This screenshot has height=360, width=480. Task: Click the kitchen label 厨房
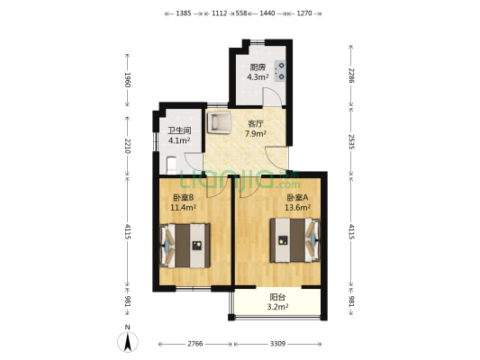(258, 67)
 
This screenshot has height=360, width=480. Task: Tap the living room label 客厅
(257, 125)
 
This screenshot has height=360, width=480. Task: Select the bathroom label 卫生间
(179, 130)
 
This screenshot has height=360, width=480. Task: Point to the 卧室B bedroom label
(184, 197)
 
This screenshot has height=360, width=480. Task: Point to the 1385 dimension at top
(184, 14)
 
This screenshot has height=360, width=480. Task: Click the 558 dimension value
(241, 14)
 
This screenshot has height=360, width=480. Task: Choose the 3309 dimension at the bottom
(278, 345)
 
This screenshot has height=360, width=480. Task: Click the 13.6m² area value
(298, 207)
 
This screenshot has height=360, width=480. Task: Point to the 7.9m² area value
(257, 135)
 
